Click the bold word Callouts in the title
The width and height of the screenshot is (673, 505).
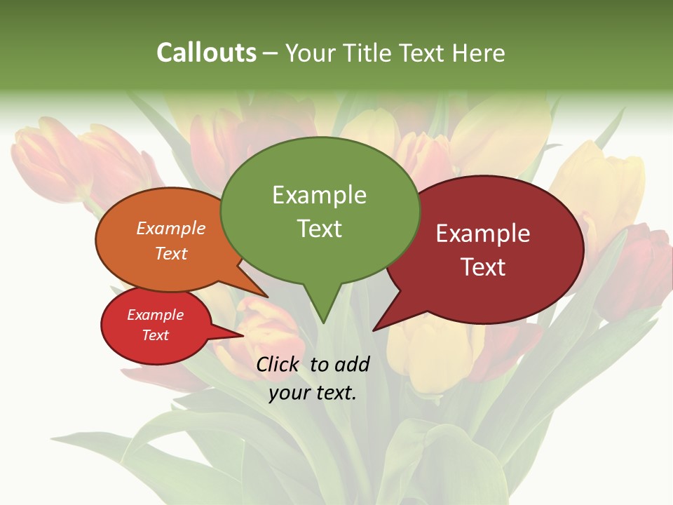pyautogui.click(x=206, y=53)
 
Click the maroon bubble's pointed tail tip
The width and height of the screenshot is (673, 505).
pyautogui.click(x=374, y=329)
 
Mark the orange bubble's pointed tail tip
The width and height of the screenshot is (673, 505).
pyautogui.click(x=266, y=296)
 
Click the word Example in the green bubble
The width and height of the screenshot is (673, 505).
pyautogui.click(x=319, y=195)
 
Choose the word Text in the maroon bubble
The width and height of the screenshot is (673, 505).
pyautogui.click(x=483, y=267)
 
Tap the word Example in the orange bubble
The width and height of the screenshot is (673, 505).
pyautogui.click(x=171, y=228)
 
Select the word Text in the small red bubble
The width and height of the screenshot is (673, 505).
pyautogui.click(x=156, y=335)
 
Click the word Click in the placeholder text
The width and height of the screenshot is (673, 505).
pyautogui.click(x=278, y=364)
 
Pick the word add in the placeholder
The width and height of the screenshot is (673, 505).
pyautogui.click(x=352, y=364)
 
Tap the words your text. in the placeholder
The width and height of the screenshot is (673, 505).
pyautogui.click(x=313, y=393)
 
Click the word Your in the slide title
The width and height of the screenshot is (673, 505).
pyautogui.click(x=311, y=53)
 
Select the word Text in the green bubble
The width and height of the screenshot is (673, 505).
pyautogui.click(x=319, y=229)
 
